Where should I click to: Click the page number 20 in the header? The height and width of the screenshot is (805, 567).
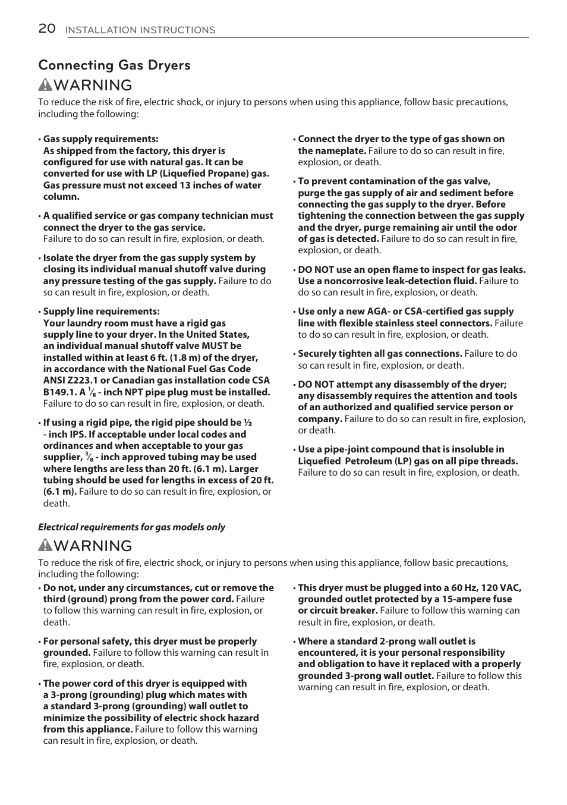pyautogui.click(x=47, y=29)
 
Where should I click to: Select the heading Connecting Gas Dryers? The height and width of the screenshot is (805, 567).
pyautogui.click(x=114, y=65)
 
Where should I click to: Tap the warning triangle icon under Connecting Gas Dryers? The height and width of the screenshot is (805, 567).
pyautogui.click(x=45, y=85)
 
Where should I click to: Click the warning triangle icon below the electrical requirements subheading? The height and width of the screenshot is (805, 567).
pyautogui.click(x=45, y=546)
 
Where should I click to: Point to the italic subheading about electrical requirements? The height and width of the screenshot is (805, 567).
pyautogui.click(x=131, y=527)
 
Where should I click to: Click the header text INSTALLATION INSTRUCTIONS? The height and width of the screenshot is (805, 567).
pyautogui.click(x=140, y=30)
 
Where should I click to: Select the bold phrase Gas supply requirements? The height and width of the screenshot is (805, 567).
pyautogui.click(x=100, y=139)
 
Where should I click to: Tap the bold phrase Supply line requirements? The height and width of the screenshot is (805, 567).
pyautogui.click(x=101, y=312)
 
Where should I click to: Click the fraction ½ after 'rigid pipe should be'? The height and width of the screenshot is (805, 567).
pyautogui.click(x=248, y=423)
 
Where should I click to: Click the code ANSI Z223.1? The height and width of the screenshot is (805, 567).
pyautogui.click(x=67, y=381)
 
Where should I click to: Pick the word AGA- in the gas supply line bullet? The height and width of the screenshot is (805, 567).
pyautogui.click(x=376, y=312)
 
